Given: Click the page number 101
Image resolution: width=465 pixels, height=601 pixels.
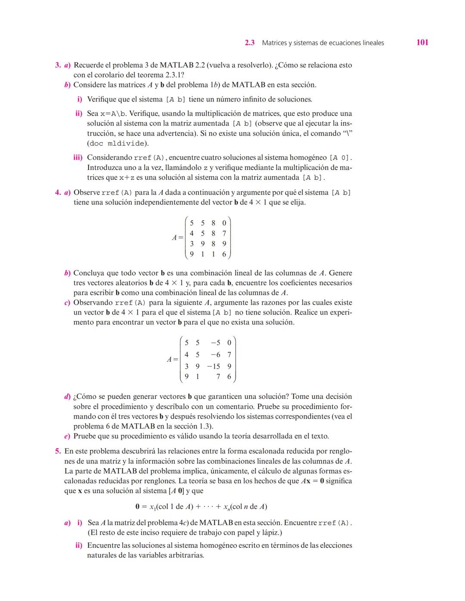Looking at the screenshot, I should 422,42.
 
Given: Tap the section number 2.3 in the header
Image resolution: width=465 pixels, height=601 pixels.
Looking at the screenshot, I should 250,43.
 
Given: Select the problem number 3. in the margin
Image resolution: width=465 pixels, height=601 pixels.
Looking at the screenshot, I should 58,65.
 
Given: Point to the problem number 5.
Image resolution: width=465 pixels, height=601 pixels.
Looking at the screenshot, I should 58,451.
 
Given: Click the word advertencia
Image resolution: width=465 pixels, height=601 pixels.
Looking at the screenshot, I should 173,133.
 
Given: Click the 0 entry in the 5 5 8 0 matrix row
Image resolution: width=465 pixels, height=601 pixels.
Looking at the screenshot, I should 224,223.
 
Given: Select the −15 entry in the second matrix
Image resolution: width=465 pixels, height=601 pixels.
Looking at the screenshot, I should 214,367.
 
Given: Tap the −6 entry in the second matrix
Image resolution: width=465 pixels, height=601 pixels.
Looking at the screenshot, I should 216,355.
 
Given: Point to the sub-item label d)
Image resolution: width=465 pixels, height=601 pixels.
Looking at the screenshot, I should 67,397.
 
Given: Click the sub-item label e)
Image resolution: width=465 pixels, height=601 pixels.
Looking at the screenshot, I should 67,436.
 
